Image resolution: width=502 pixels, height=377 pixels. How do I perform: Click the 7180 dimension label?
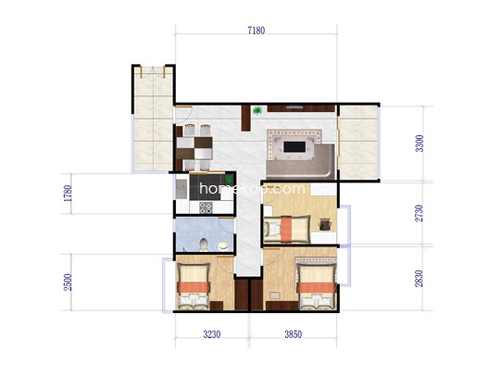point(257,31)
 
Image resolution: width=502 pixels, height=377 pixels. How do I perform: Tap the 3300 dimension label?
point(420,144)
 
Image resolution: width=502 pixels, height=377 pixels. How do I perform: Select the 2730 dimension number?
point(419,213)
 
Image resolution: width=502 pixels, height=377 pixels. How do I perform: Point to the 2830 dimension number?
point(419,279)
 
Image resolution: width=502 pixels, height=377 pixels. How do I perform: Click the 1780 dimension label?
point(68,194)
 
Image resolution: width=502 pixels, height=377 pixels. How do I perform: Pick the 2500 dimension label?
point(68,283)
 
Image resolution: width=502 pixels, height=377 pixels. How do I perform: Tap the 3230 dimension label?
point(212,334)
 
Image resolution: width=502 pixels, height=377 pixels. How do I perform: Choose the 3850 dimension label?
point(294,334)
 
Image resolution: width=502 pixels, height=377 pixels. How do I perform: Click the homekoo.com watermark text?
point(252,188)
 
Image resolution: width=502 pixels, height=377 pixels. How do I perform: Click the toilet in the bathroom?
point(204,245)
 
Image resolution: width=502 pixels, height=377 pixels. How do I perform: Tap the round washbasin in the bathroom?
point(223,246)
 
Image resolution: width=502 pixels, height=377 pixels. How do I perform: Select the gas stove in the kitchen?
point(206,207)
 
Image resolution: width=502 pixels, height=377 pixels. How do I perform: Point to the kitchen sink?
point(182,189)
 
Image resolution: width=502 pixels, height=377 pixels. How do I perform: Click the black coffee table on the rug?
point(295,147)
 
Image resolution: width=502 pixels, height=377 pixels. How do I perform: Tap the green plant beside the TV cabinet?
point(257,111)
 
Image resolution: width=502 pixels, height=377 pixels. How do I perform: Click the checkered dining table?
point(195,148)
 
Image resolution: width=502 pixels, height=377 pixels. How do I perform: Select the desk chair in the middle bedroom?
point(324,224)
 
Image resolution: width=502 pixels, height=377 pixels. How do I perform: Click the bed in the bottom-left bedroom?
point(194,286)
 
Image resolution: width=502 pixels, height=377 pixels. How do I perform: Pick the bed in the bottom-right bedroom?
point(317,283)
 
